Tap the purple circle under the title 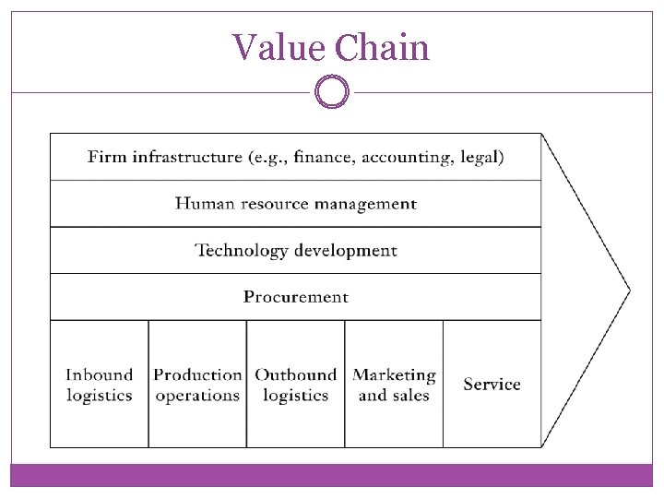(332, 92)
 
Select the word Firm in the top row (107, 157)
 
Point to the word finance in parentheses (323, 157)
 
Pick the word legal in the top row (482, 158)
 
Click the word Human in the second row (205, 204)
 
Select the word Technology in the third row (243, 251)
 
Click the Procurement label (296, 297)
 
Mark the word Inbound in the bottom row (100, 374)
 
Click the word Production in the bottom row (197, 374)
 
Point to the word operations (197, 396)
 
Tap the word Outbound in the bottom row (296, 374)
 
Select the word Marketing (395, 374)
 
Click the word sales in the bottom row (410, 396)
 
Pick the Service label (492, 384)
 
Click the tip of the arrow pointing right (629, 291)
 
